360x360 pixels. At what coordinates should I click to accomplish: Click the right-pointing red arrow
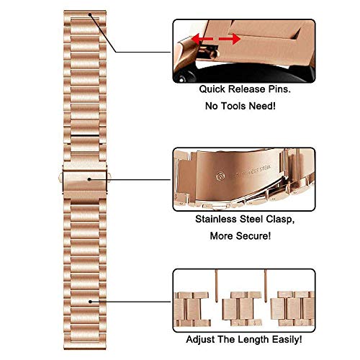228,37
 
